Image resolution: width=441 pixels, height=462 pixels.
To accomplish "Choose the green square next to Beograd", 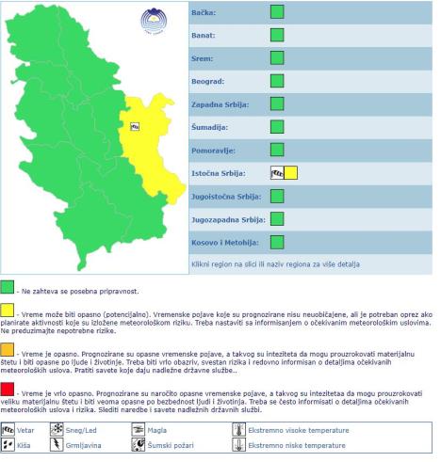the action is coord(277,81).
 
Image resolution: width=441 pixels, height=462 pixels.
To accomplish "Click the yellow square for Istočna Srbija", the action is coord(290,172).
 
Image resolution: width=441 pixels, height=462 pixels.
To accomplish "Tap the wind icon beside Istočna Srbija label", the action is coord(277,172).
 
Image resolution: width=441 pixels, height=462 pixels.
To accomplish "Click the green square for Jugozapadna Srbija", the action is coord(277,218).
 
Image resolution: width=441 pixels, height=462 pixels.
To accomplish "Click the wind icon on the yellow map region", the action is coord(135,125).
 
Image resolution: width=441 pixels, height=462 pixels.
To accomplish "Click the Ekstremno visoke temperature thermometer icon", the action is coord(237,429).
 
